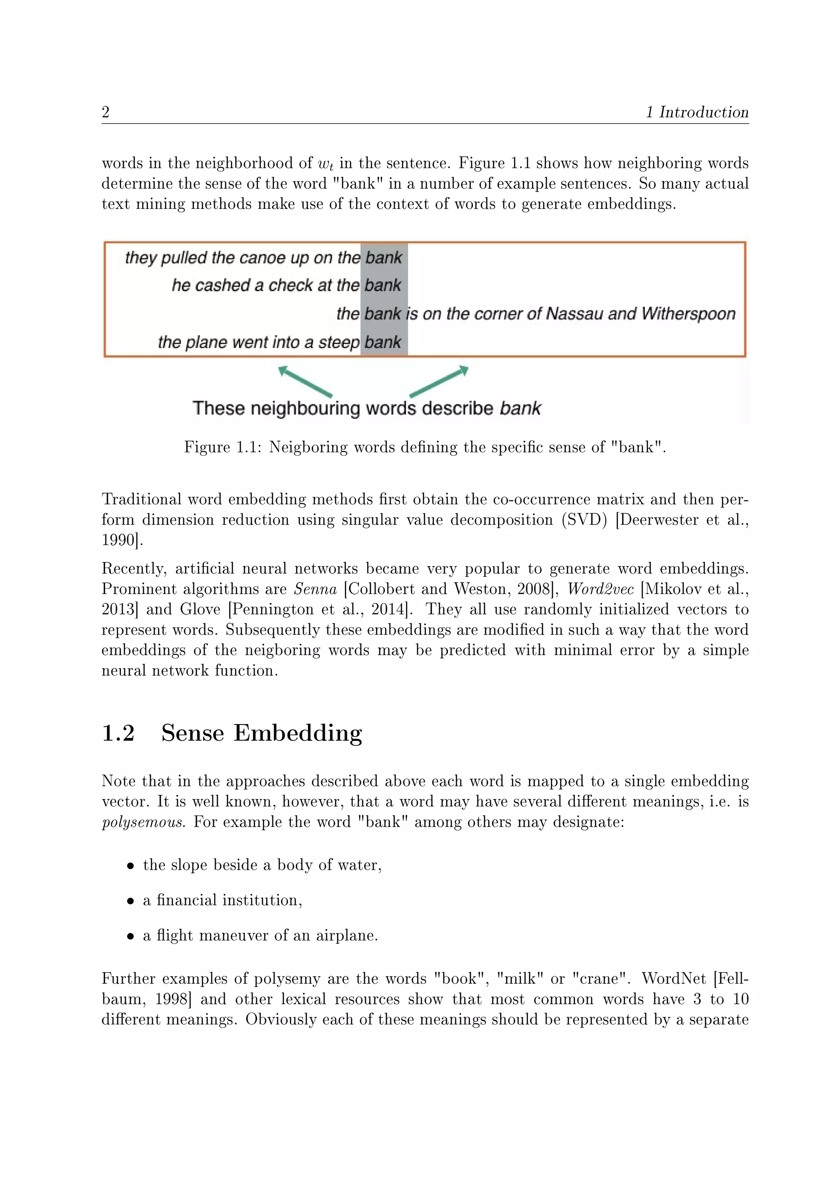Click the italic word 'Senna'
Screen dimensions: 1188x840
pyautogui.click(x=315, y=589)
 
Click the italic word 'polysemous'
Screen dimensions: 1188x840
pyautogui.click(x=143, y=822)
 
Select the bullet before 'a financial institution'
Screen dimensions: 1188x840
pyautogui.click(x=130, y=901)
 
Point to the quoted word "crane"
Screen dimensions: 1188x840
pyautogui.click(x=601, y=978)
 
